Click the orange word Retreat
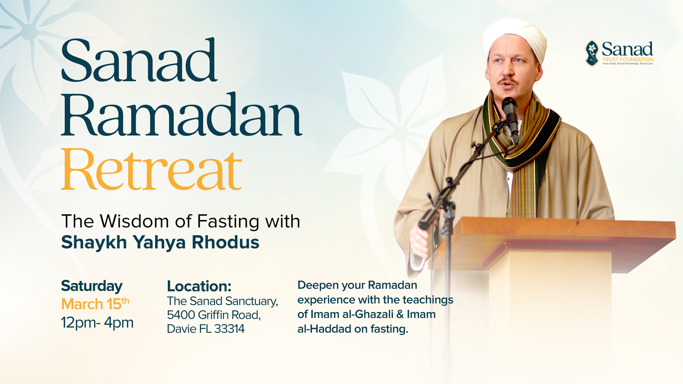tap(152, 169)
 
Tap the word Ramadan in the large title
tap(182, 115)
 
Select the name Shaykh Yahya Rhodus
tap(160, 242)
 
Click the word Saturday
tap(92, 286)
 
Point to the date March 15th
tap(95, 304)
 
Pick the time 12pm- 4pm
tap(97, 323)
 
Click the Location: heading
tap(199, 286)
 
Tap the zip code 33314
tap(230, 329)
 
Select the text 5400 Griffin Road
tap(213, 315)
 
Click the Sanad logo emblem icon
tap(592, 53)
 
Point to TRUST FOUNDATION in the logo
tap(628, 59)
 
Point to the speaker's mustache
tap(508, 81)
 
